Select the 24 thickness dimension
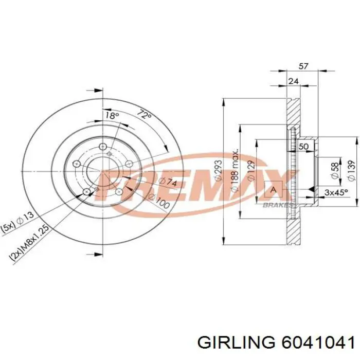pyautogui.click(x=293, y=81)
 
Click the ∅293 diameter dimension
pyautogui.click(x=218, y=170)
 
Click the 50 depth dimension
pyautogui.click(x=303, y=147)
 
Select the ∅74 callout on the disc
pyautogui.click(x=167, y=181)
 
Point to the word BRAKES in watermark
pyautogui.click(x=278, y=205)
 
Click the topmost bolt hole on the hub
pyautogui.click(x=103, y=146)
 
